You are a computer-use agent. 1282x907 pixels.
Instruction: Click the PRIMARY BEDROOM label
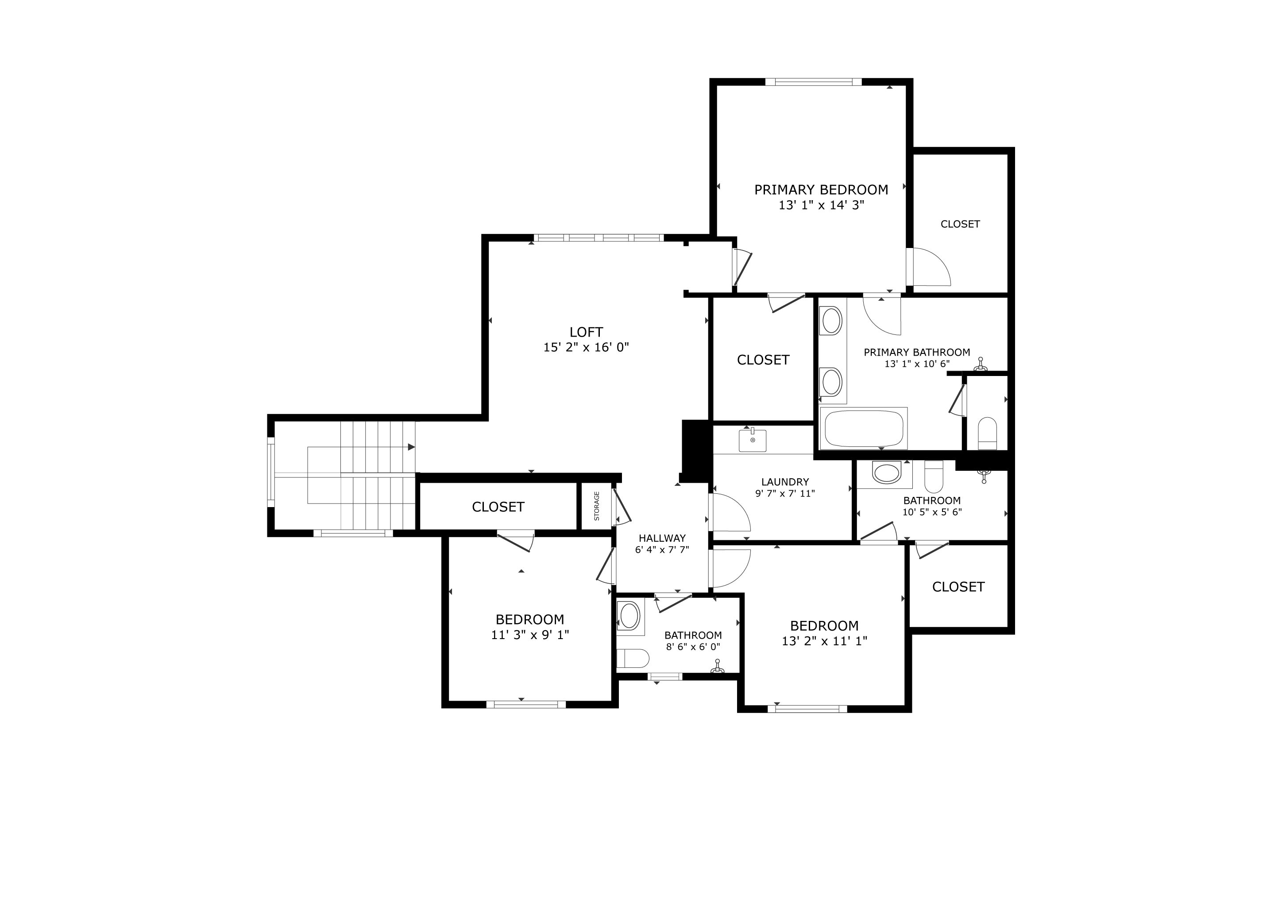click(x=821, y=190)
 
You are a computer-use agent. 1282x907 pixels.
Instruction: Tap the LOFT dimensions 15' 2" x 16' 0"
click(x=586, y=347)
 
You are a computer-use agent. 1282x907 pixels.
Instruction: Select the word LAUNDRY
click(x=785, y=482)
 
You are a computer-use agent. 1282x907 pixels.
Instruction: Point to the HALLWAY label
click(x=662, y=539)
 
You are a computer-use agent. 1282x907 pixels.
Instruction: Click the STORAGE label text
click(x=596, y=506)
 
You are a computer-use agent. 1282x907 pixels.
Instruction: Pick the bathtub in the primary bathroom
click(x=863, y=428)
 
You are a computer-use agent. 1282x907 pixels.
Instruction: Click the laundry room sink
click(x=753, y=440)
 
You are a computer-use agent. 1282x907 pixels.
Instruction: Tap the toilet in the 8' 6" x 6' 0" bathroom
click(x=633, y=659)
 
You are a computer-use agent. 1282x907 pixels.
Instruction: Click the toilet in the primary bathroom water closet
click(x=987, y=434)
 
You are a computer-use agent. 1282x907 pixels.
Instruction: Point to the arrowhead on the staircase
click(x=412, y=447)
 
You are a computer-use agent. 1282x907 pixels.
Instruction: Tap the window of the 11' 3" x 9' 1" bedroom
click(x=526, y=704)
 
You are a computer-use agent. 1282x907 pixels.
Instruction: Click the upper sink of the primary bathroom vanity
click(x=831, y=321)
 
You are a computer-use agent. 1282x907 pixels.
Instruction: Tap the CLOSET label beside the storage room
click(x=498, y=507)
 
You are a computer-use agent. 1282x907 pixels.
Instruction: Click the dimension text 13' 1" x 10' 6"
click(x=917, y=364)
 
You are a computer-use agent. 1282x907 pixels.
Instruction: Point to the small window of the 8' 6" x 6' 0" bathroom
click(x=665, y=676)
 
